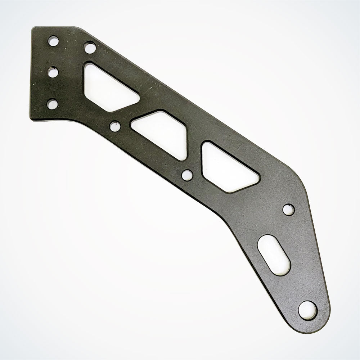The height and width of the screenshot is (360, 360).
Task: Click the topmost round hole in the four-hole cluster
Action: pyautogui.click(x=53, y=39)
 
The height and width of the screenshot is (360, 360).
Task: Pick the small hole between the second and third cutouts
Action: pyautogui.click(x=187, y=175)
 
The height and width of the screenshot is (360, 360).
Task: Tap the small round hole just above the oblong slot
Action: pyautogui.click(x=288, y=209)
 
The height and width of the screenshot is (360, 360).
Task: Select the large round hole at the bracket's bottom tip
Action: pyautogui.click(x=309, y=309)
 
